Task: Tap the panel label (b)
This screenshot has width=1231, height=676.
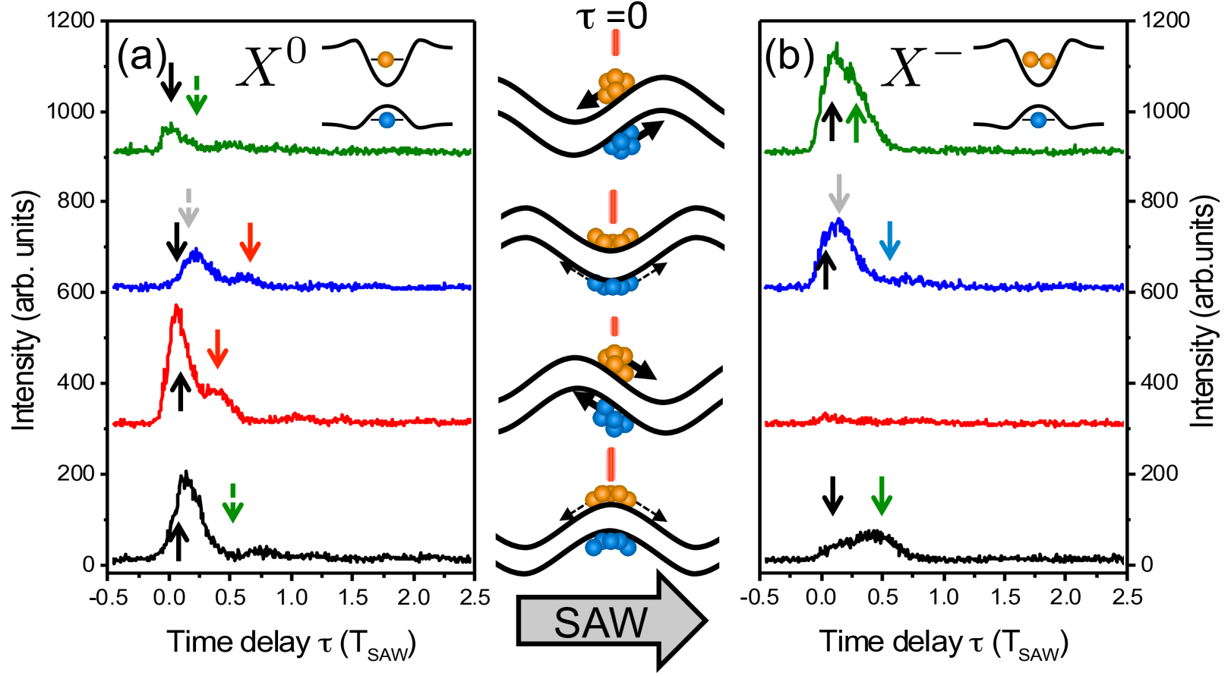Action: click(790, 57)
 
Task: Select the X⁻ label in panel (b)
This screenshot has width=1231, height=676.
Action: click(919, 64)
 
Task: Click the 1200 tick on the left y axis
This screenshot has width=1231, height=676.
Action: click(74, 20)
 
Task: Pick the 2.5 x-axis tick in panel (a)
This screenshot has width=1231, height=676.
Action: click(474, 596)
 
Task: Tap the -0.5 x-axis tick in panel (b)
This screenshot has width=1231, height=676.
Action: click(757, 596)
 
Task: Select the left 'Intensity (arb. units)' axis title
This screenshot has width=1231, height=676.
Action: click(24, 311)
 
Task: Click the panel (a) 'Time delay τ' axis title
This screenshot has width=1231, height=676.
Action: click(291, 643)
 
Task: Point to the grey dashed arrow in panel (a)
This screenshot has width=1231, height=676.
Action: click(188, 206)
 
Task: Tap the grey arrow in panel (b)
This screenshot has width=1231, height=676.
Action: click(838, 193)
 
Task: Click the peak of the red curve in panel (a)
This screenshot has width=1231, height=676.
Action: click(177, 307)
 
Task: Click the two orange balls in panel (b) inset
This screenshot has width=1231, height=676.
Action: click(1039, 61)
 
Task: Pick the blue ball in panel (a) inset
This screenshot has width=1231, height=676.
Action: click(387, 119)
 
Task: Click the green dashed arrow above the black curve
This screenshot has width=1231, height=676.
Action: click(232, 503)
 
